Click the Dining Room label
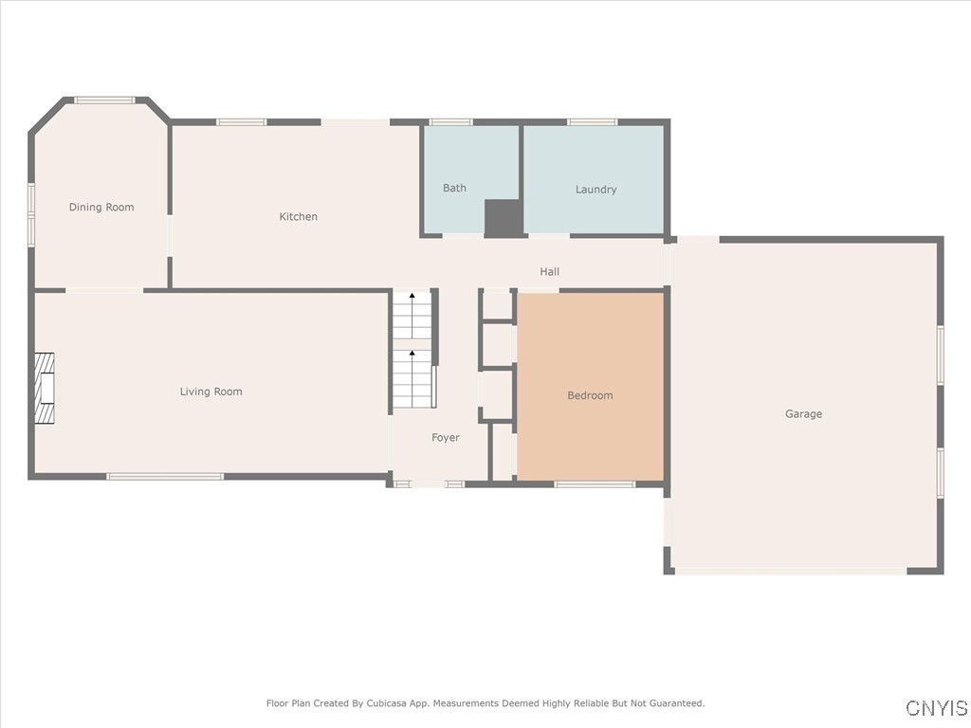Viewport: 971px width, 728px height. (101, 208)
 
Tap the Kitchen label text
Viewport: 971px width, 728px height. (298, 217)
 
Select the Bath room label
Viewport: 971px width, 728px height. (454, 189)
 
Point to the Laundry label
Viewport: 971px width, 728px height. (595, 190)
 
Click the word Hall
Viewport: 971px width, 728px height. (549, 272)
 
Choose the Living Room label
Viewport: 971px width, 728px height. (211, 391)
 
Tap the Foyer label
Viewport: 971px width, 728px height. (445, 438)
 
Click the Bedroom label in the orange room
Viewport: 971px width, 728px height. (590, 395)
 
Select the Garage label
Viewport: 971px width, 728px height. (803, 414)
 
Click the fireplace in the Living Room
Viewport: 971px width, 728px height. (44, 388)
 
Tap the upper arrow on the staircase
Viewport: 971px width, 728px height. (412, 298)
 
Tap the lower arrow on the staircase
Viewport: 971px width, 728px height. (412, 354)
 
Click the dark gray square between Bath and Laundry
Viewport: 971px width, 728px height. (503, 218)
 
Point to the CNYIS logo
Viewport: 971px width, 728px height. (936, 708)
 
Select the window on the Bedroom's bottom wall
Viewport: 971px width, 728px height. (595, 484)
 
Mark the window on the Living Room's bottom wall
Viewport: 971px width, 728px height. (165, 476)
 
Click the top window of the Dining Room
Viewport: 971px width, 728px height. (104, 100)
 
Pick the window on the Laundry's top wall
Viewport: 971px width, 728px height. (592, 121)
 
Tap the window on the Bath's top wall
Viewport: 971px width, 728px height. (450, 121)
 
